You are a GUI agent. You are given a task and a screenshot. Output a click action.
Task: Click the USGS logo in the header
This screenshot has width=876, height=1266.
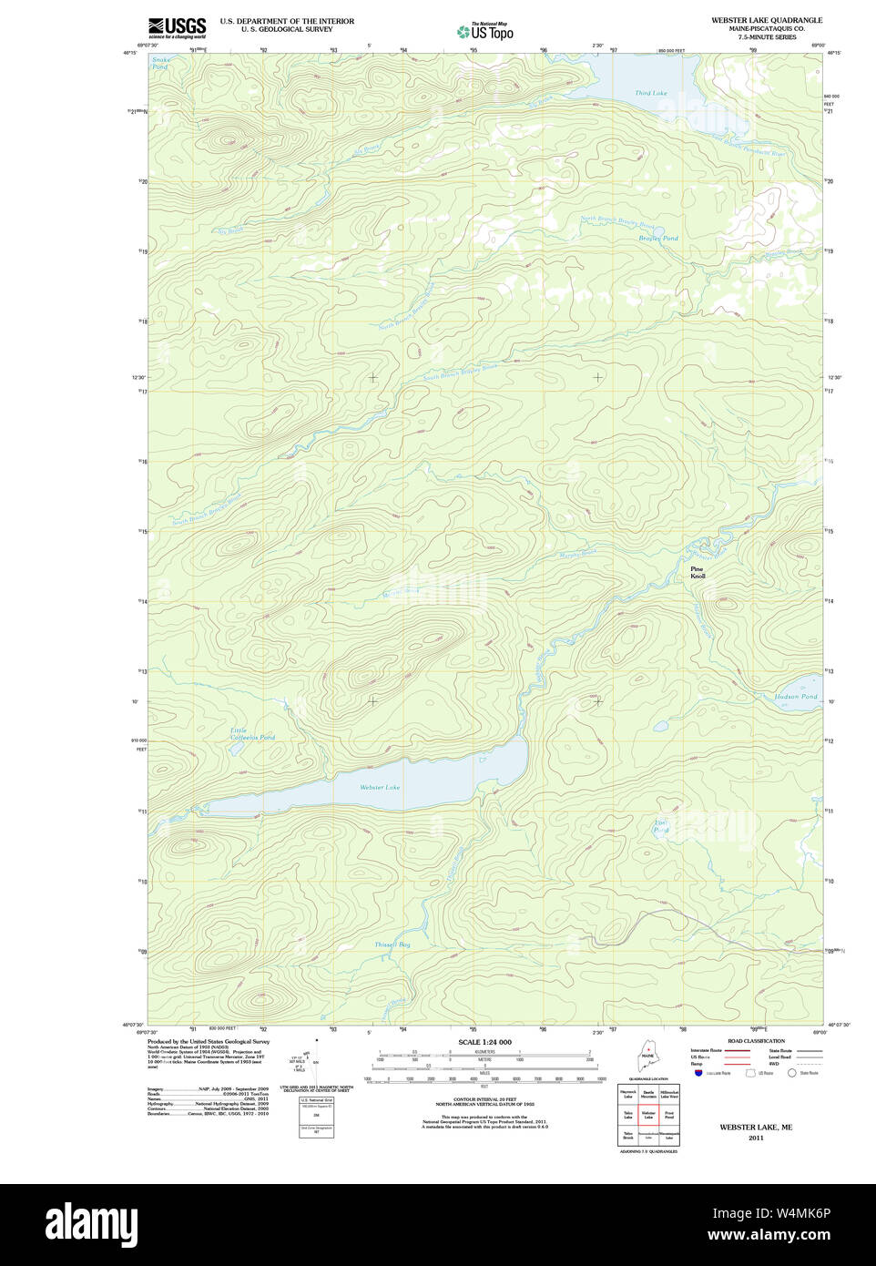tap(178, 26)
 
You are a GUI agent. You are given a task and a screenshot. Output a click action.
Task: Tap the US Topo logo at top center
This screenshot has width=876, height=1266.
tap(486, 31)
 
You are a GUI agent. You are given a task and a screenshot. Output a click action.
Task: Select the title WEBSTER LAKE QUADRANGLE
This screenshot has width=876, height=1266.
tap(767, 20)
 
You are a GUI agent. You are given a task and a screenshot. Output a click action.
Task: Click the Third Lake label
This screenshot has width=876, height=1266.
tap(650, 93)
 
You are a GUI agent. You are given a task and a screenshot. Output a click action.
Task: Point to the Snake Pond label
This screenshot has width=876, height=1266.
tap(160, 64)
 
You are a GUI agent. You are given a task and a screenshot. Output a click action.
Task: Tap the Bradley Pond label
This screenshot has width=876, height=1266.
tap(657, 239)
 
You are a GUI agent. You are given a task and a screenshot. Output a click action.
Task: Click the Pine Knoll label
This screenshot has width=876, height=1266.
tap(698, 573)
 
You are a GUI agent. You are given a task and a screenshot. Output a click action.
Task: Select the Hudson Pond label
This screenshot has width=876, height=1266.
tap(795, 697)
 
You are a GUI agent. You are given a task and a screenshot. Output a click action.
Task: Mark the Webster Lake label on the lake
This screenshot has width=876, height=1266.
tap(380, 787)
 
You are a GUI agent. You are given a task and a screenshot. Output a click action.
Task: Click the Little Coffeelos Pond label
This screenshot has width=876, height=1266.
tap(251, 734)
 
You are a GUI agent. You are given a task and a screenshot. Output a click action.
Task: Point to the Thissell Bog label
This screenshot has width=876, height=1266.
tap(392, 944)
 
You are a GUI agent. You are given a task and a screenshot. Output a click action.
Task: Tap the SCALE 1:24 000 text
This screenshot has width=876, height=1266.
tap(484, 1042)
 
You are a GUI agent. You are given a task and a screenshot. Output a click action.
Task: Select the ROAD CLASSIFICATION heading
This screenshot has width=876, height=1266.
tap(756, 1041)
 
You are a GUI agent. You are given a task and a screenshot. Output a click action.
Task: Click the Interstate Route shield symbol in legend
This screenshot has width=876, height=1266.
tap(698, 1073)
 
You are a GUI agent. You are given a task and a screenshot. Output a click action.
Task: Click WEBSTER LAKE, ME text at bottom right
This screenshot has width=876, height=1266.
tap(756, 1127)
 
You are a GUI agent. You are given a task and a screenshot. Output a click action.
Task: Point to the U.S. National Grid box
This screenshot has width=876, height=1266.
tap(316, 1117)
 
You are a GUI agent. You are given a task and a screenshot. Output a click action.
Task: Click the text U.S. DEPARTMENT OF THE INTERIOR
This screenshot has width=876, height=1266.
tap(287, 21)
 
